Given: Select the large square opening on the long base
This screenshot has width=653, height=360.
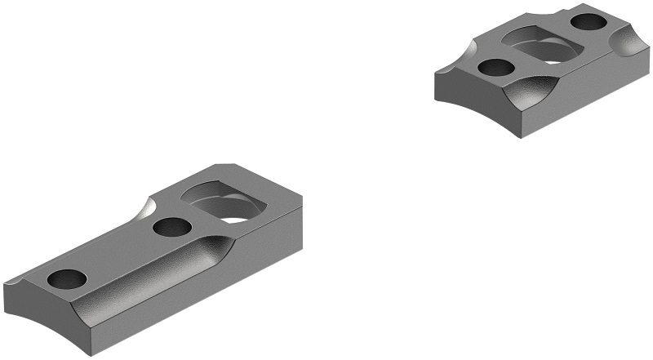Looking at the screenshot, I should [x=223, y=202].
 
